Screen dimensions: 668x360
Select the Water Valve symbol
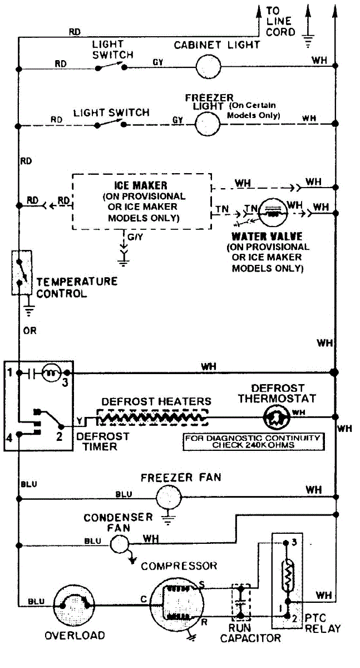point(273,211)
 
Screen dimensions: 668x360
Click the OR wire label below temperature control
point(29,331)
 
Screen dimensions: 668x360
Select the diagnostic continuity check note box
point(253,441)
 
